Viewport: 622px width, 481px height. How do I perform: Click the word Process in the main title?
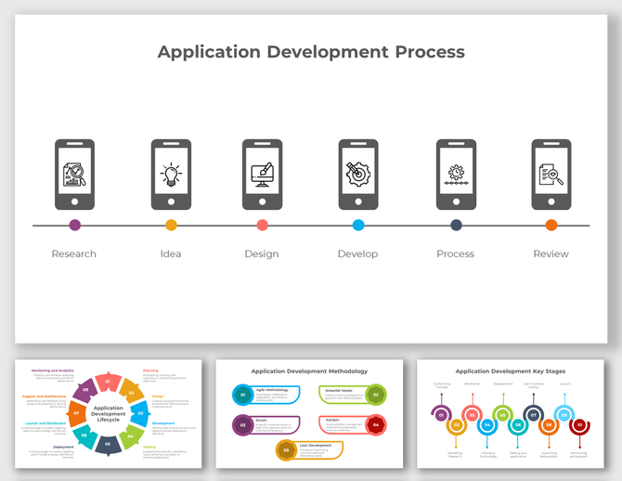click(x=417, y=52)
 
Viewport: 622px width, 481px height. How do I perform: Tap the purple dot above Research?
click(x=75, y=225)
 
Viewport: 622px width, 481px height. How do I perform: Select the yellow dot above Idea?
click(x=171, y=225)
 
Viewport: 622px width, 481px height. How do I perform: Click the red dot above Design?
click(x=263, y=225)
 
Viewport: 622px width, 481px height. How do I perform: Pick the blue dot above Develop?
click(x=358, y=225)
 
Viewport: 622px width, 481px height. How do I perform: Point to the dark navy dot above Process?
click(x=456, y=225)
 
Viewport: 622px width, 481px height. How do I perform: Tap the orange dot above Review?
click(x=551, y=225)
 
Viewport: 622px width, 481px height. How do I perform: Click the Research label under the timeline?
click(x=74, y=253)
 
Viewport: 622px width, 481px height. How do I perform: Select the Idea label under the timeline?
click(x=171, y=253)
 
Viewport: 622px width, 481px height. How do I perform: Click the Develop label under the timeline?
click(x=358, y=253)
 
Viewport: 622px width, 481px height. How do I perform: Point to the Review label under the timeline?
click(x=551, y=253)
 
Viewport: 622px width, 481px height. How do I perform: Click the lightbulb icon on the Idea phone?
click(x=171, y=174)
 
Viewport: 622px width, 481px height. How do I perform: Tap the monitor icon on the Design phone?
click(x=262, y=174)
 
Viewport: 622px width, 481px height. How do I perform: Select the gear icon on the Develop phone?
click(x=357, y=174)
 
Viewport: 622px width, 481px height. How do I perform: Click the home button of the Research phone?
click(x=75, y=201)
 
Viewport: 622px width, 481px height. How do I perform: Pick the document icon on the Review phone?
click(x=551, y=174)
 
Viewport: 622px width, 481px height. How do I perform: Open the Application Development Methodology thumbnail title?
click(x=309, y=371)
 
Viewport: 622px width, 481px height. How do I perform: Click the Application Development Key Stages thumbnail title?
click(x=512, y=371)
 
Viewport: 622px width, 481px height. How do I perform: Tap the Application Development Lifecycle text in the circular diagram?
click(x=109, y=413)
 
